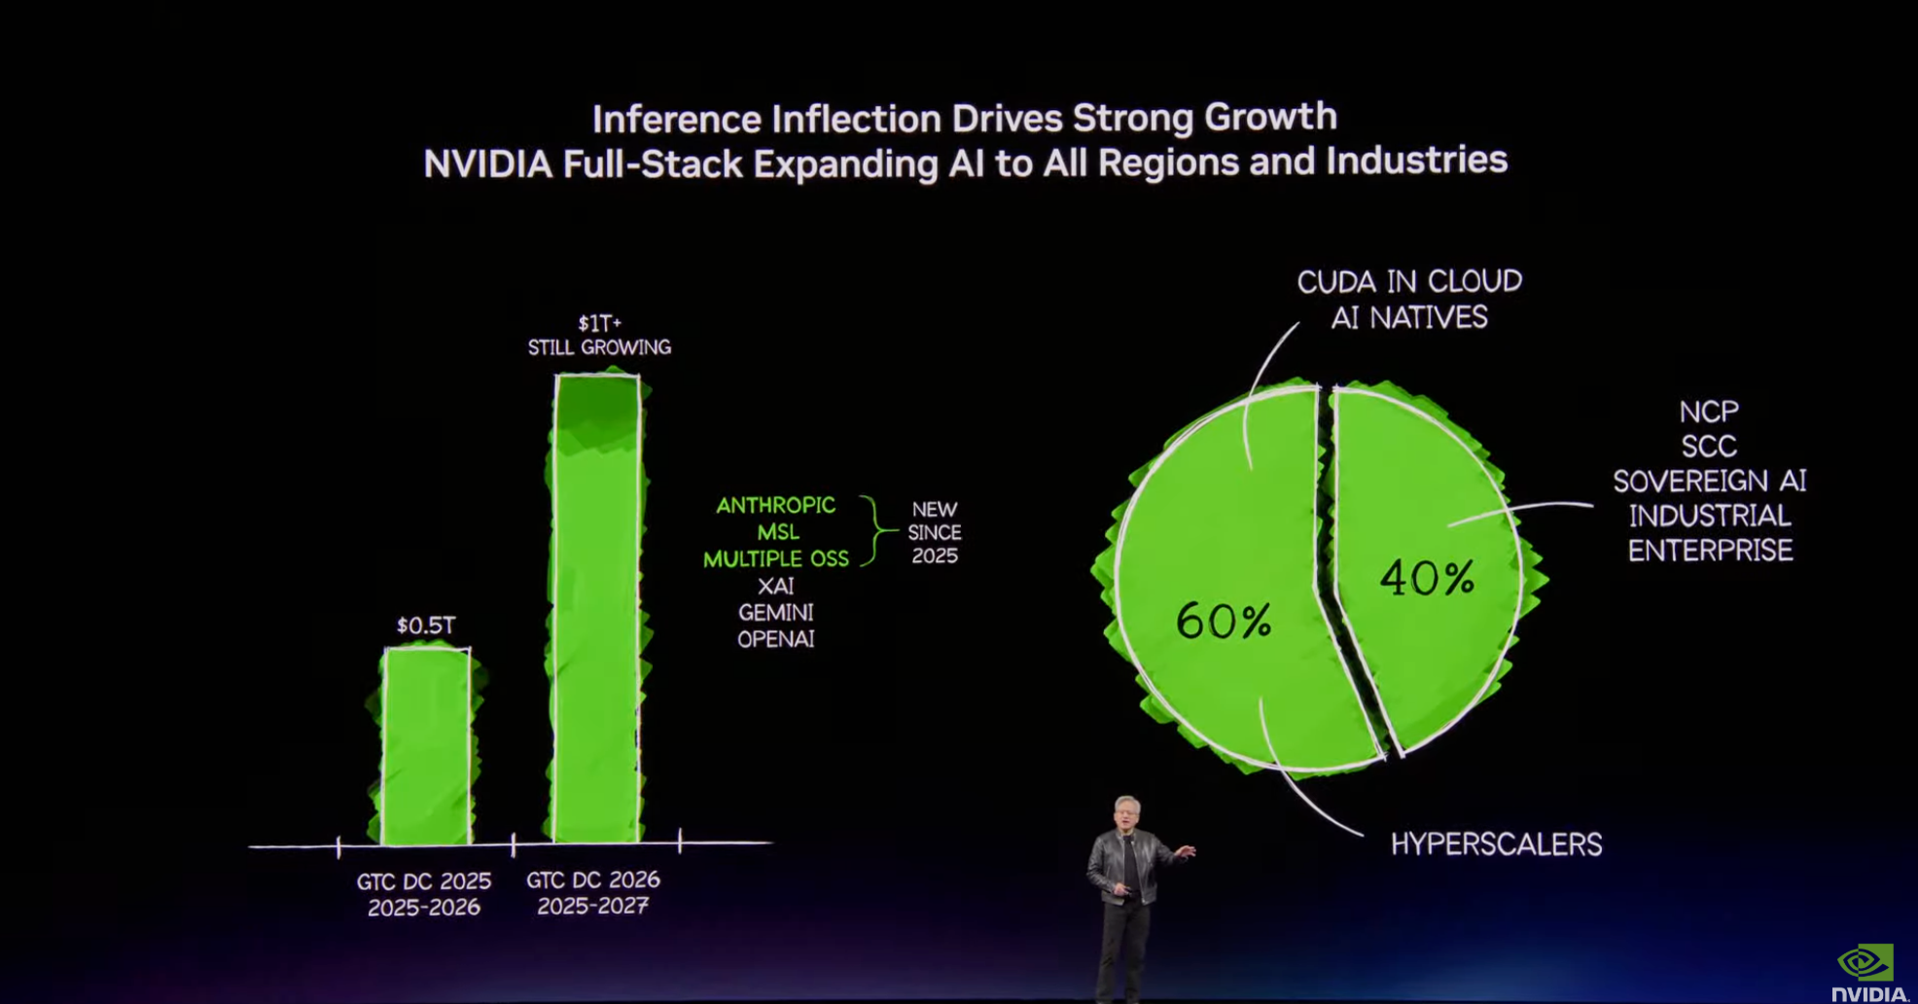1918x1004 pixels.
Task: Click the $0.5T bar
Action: click(x=426, y=746)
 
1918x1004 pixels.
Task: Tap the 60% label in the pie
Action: click(x=1224, y=621)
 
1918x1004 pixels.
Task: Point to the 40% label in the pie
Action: click(x=1427, y=578)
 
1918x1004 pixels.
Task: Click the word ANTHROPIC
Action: click(x=775, y=505)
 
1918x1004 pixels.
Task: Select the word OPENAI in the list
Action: click(x=775, y=639)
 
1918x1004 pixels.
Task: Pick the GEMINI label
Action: click(x=775, y=613)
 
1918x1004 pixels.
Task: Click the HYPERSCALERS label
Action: click(x=1496, y=843)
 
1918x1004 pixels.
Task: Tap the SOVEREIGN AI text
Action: click(x=1709, y=481)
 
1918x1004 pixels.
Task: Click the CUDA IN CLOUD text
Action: click(x=1409, y=282)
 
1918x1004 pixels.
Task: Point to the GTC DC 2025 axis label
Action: click(x=423, y=881)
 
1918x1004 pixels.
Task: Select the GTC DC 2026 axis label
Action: click(x=592, y=880)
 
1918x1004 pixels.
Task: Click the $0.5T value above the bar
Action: click(x=425, y=626)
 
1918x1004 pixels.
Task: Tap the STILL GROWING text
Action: click(x=599, y=347)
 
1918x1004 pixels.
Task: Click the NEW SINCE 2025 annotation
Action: click(x=934, y=532)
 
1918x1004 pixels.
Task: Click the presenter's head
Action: click(x=1126, y=812)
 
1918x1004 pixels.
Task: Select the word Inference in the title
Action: click(x=677, y=120)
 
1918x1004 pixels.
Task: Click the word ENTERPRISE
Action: click(x=1710, y=551)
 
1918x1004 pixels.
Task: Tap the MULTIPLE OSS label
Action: click(x=775, y=559)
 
